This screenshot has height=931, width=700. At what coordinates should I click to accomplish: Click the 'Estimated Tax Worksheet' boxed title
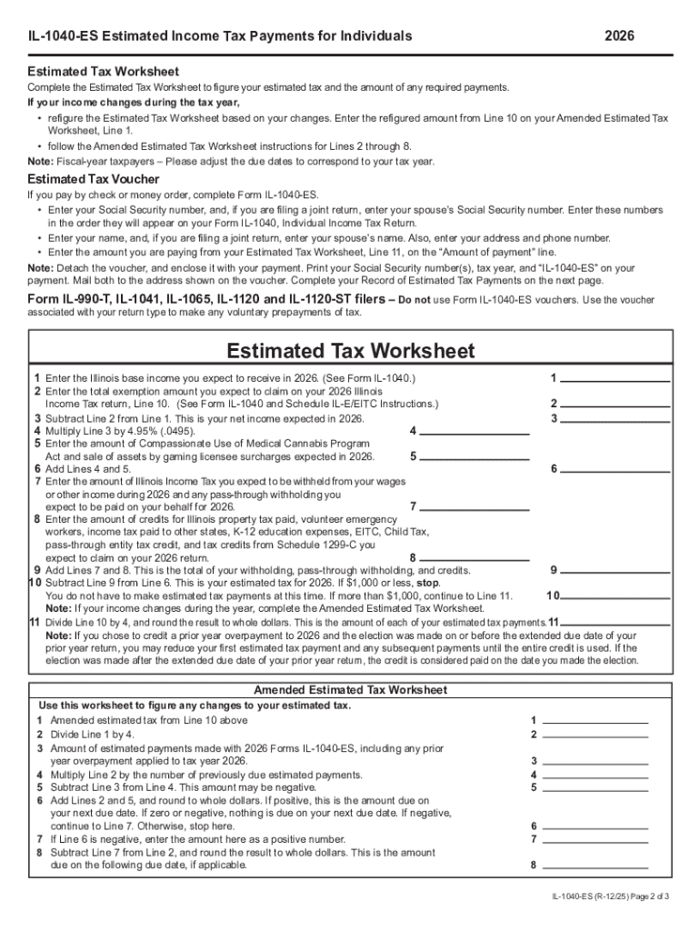(x=350, y=350)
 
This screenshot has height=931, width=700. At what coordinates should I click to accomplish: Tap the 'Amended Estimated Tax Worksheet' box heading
(x=350, y=690)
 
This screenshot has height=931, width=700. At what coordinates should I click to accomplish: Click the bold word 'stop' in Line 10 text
(x=427, y=583)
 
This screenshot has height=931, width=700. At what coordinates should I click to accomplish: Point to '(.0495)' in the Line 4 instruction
(x=176, y=431)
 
